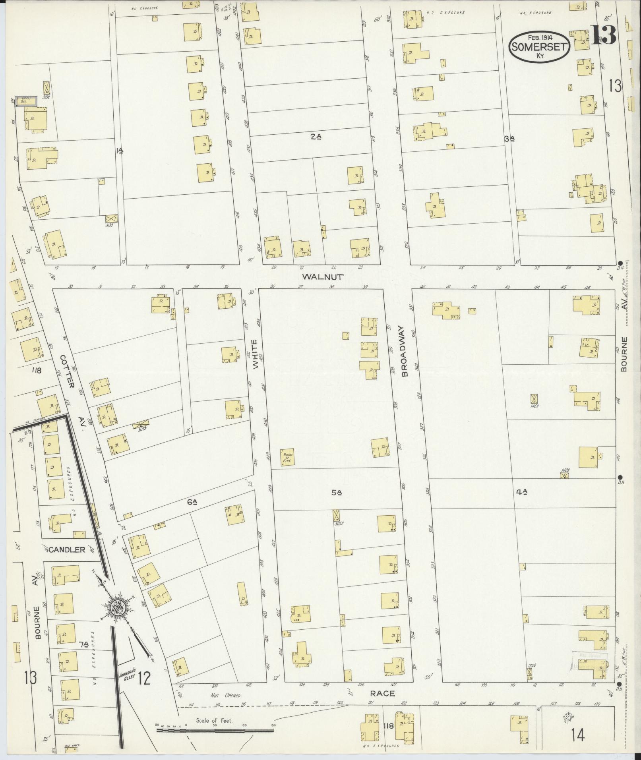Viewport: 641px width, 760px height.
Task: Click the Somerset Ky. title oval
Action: pos(540,47)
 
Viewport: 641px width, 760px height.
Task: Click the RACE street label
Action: pos(382,693)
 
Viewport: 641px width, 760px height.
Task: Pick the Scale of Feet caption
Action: pos(214,720)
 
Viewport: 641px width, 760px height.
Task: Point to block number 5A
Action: pos(337,493)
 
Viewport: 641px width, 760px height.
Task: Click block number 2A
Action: pos(316,137)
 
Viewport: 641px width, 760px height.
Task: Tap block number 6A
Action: pos(192,503)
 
